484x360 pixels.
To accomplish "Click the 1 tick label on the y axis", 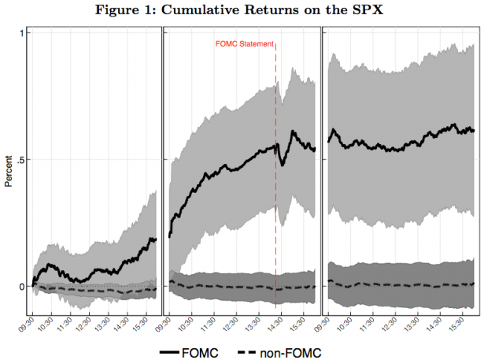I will click(x=20, y=32).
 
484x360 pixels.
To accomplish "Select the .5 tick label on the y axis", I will click(x=18, y=159).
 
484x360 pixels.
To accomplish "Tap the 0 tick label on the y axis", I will click(x=20, y=286).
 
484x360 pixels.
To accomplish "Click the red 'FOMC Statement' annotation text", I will click(x=244, y=44).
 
